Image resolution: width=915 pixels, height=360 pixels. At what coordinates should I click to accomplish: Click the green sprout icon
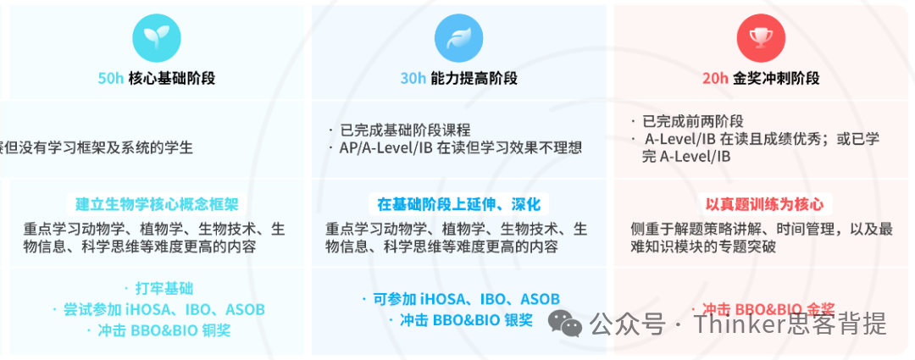tap(157, 37)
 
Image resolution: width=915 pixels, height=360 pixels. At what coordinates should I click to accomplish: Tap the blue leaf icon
tap(458, 37)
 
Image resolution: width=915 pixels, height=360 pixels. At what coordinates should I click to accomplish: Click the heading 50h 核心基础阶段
tap(157, 79)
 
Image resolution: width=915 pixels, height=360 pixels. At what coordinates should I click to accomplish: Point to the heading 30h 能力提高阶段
tap(458, 79)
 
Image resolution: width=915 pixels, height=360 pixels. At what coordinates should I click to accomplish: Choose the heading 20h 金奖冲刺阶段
tap(760, 79)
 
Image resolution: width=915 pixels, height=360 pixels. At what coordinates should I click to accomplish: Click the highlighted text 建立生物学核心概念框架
tap(157, 204)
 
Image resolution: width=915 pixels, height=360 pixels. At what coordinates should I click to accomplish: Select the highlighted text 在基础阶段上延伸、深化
tap(458, 204)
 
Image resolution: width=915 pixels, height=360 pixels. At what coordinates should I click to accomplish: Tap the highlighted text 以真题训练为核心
tap(763, 204)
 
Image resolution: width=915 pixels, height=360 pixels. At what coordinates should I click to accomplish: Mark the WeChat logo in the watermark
tap(564, 322)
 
